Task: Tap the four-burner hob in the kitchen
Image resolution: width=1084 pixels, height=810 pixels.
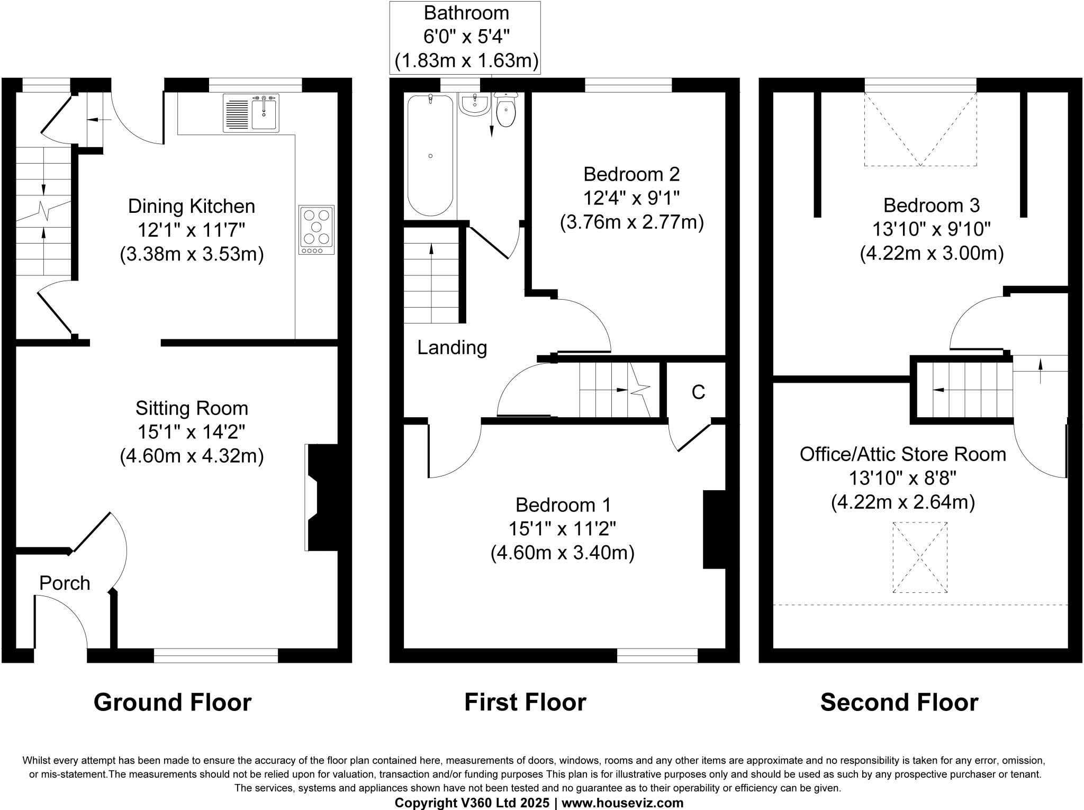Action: point(317,230)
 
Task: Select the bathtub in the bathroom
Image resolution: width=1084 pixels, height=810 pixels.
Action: point(430,155)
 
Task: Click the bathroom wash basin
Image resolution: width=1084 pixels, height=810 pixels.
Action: point(475,104)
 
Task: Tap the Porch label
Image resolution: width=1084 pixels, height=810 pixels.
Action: point(65,583)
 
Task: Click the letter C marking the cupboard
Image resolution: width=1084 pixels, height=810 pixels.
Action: point(698,392)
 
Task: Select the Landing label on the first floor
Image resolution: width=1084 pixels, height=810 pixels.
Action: point(452,348)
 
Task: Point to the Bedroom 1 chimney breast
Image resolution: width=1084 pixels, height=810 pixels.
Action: point(713,530)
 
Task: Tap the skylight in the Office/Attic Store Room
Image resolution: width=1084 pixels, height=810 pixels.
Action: point(920,557)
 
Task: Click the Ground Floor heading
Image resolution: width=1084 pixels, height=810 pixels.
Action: point(173,703)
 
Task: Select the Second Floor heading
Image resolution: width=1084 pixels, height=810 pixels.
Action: point(899,703)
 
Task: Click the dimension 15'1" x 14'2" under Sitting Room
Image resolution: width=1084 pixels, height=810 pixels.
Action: point(192,432)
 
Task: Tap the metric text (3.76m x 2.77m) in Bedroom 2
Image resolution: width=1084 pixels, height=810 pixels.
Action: point(631,222)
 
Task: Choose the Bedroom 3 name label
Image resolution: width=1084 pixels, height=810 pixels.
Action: point(931,205)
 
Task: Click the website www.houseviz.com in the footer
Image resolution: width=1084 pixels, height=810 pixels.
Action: point(622,803)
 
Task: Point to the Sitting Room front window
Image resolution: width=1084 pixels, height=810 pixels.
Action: point(215,655)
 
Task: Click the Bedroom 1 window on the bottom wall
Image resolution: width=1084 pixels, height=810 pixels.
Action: point(657,655)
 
